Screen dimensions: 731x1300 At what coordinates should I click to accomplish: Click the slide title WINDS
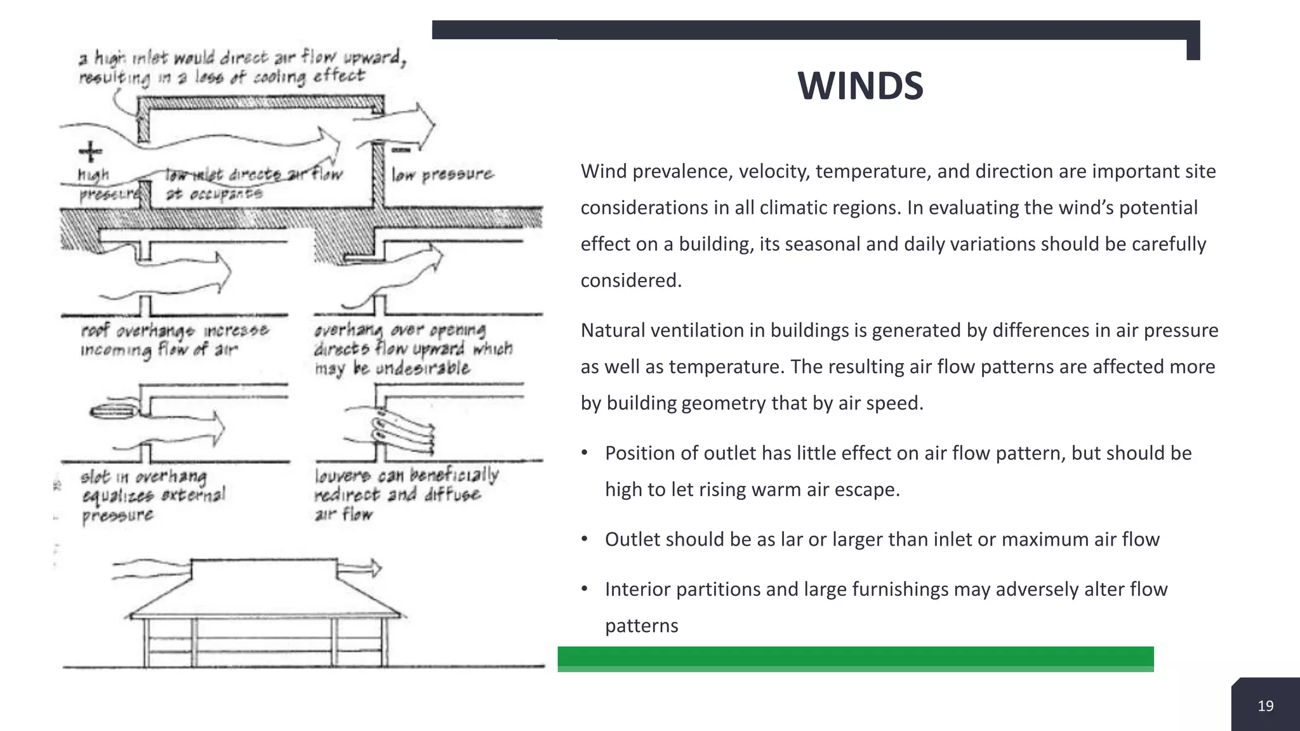[x=860, y=86]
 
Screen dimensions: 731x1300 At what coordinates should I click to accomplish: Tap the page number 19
[x=1265, y=706]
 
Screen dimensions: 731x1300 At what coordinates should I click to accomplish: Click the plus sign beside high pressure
[x=90, y=152]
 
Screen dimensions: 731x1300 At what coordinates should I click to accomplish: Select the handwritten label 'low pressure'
[x=442, y=174]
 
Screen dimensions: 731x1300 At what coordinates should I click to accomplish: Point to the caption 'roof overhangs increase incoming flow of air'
[x=175, y=340]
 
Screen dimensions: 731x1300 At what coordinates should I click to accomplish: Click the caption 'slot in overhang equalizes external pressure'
[x=152, y=496]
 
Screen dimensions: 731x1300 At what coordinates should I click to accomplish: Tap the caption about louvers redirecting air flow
[x=406, y=494]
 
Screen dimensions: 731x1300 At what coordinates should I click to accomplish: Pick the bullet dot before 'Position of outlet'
[x=585, y=453]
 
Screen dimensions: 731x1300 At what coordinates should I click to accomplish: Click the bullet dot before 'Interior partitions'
[x=585, y=589]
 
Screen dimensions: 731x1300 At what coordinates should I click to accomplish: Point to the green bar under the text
[x=855, y=659]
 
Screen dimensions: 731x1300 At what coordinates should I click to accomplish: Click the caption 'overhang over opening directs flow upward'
[x=413, y=349]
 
